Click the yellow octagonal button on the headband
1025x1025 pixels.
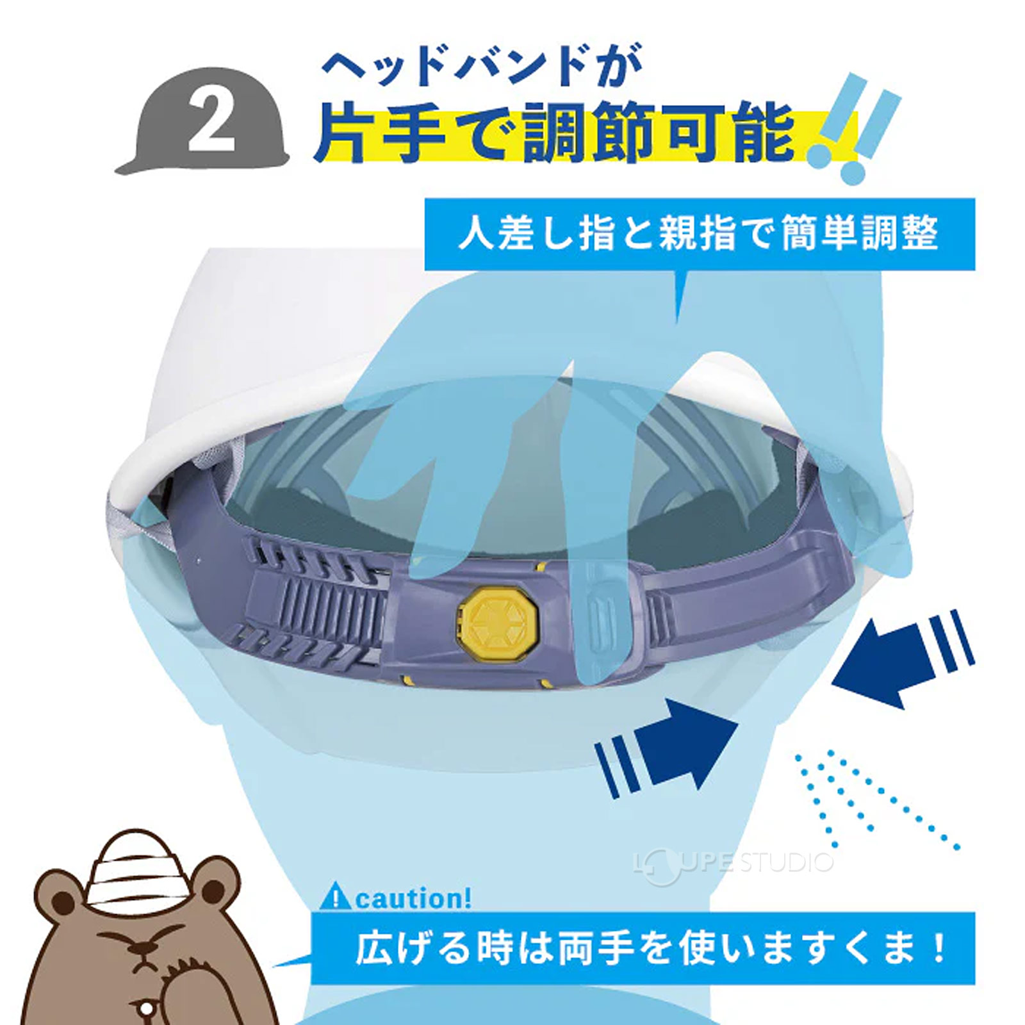click(x=489, y=619)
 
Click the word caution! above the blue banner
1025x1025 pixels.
click(x=413, y=899)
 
